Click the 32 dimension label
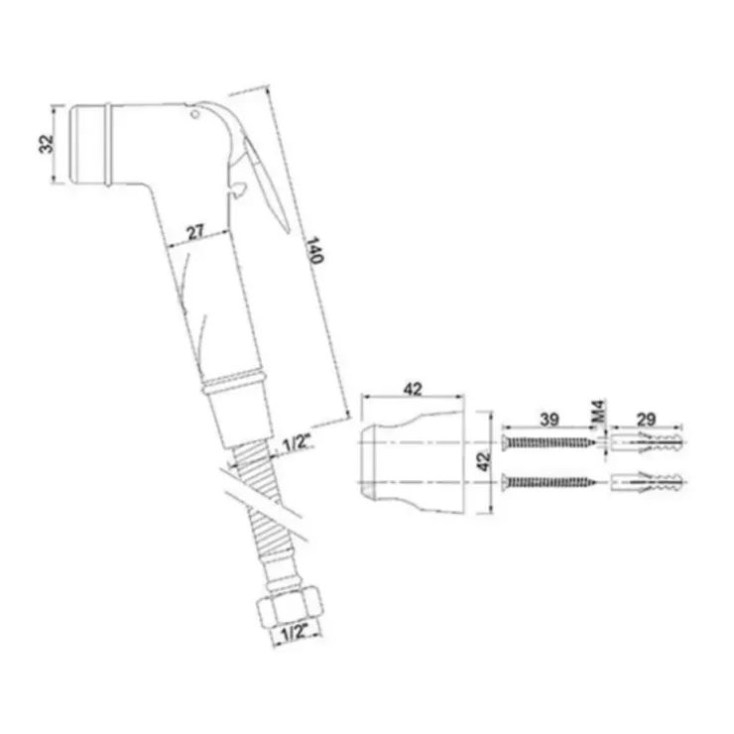point(47,144)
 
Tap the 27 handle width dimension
point(195,232)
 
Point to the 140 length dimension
point(314,250)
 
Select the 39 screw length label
point(550,419)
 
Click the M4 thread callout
point(599,412)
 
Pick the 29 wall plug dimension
point(646,419)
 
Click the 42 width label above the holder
point(413,389)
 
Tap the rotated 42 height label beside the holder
point(484,461)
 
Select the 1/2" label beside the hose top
point(297,442)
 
